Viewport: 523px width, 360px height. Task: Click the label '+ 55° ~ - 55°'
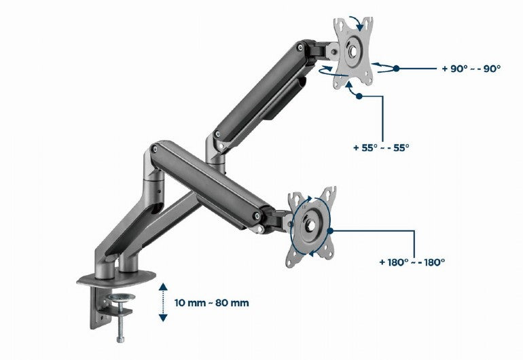[381, 147]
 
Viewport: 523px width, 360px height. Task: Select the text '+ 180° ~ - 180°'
[412, 261]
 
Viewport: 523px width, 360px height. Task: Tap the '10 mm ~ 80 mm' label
[210, 302]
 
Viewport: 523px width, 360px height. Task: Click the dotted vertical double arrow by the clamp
[163, 302]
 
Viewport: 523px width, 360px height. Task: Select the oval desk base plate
[120, 278]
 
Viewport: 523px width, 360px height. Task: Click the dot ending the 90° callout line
[397, 69]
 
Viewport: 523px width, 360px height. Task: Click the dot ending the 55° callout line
[359, 96]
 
